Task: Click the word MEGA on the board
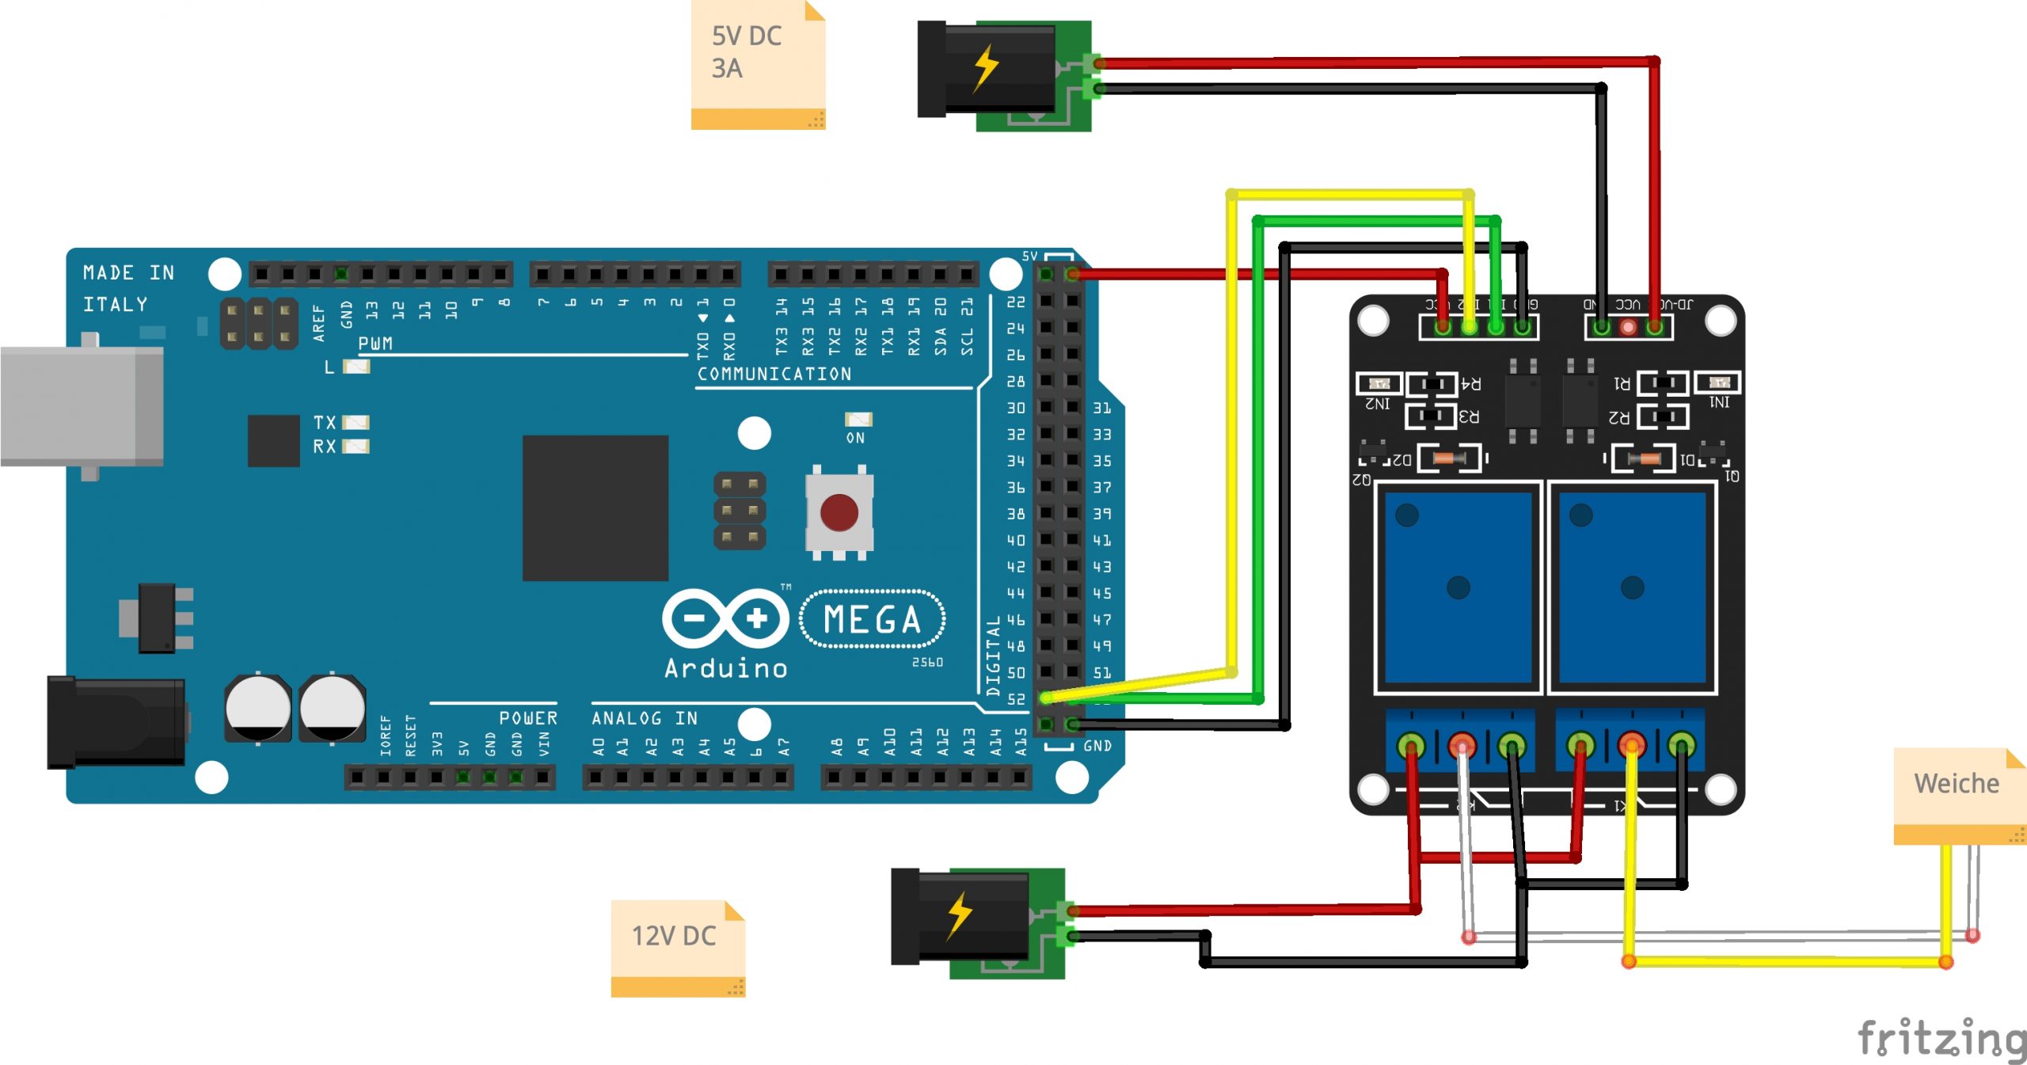coord(873,619)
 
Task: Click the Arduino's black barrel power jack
coord(116,722)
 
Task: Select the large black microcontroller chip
coord(595,508)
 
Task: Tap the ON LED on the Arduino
coord(858,419)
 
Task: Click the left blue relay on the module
coord(1458,587)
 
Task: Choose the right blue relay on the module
coord(1632,587)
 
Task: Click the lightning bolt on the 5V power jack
coord(986,67)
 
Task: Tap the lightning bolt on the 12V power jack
coord(960,915)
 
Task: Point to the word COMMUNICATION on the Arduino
coord(774,374)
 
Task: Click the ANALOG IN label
coord(645,718)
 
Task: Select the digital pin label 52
coord(1016,699)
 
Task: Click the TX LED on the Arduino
coord(356,422)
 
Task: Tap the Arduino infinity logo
coord(725,618)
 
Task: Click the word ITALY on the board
coord(116,305)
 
